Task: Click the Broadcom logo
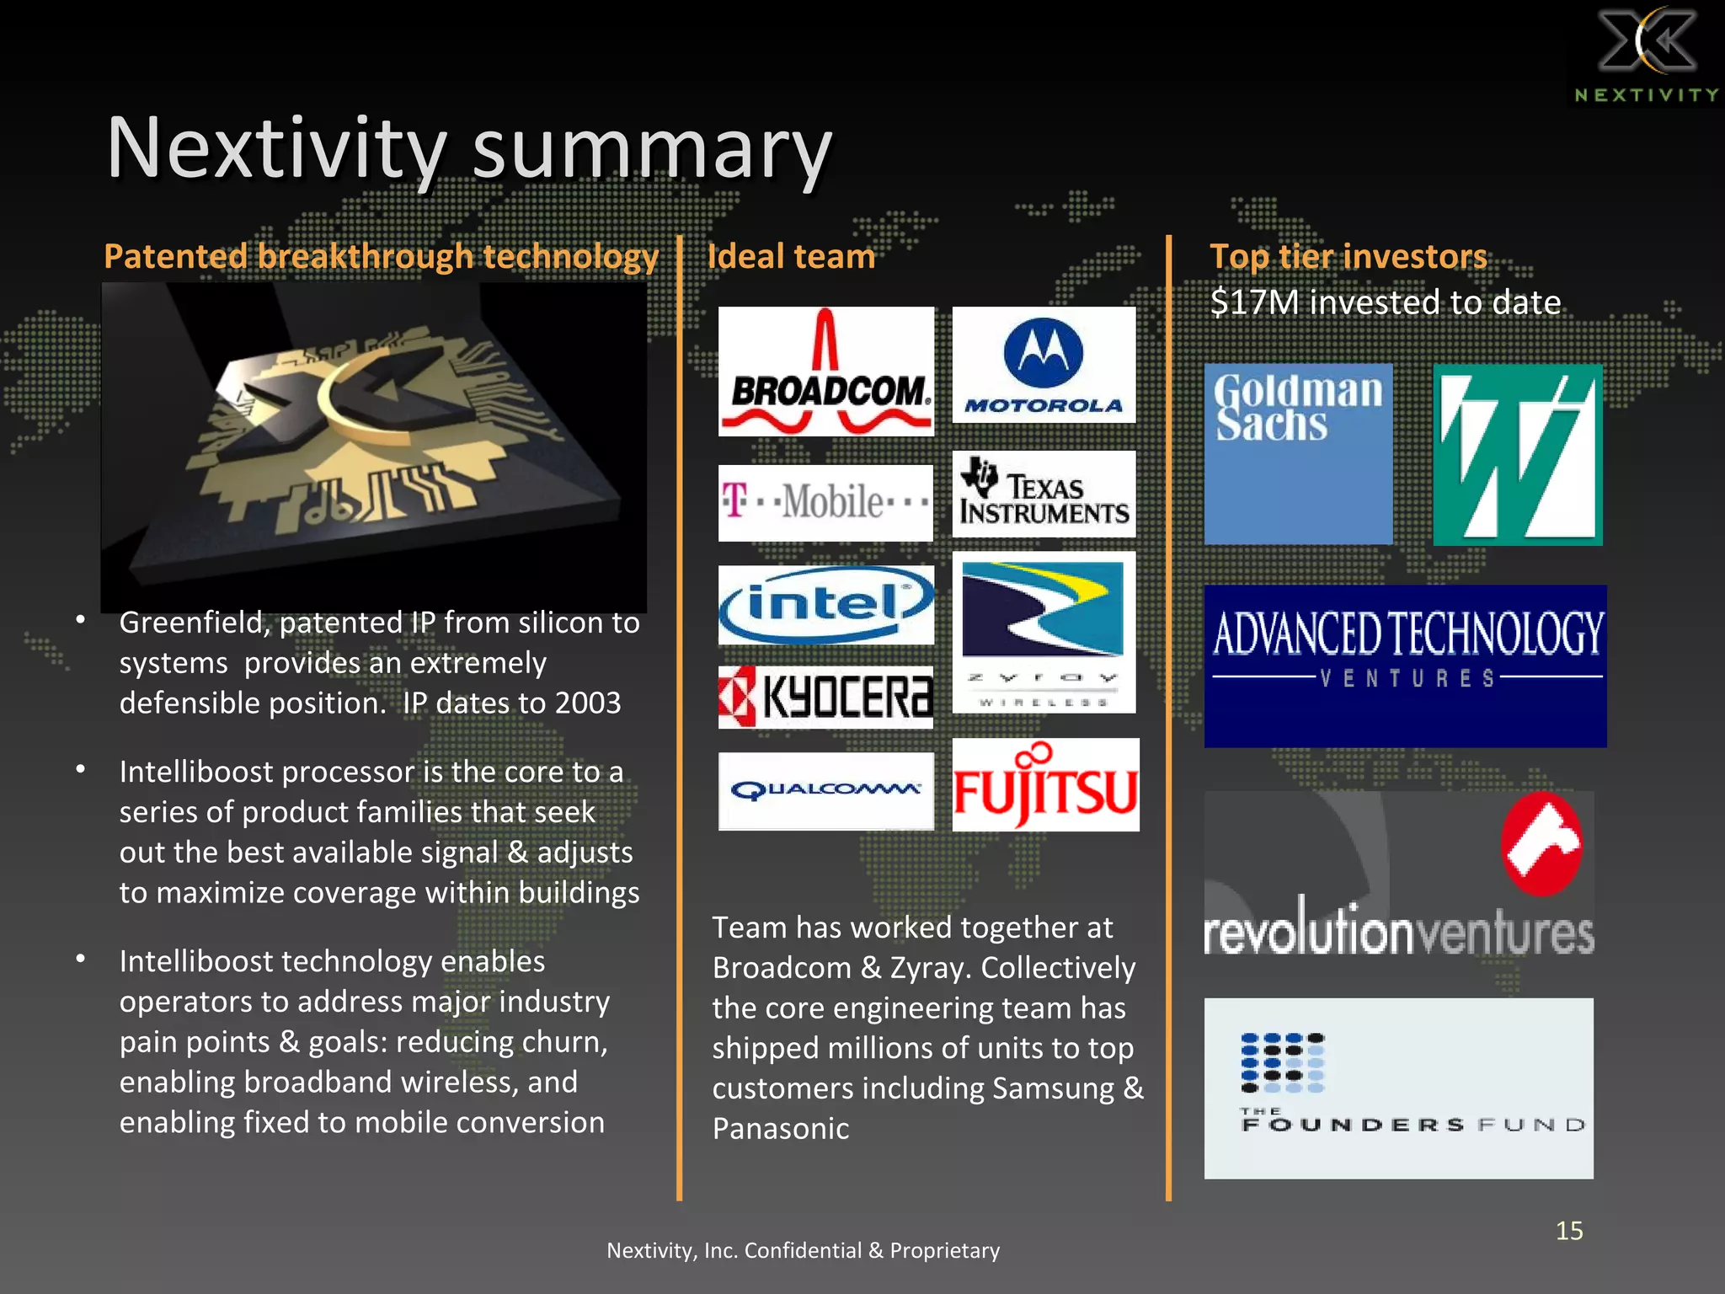[x=825, y=372]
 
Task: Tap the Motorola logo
[x=1044, y=365]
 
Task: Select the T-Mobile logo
[x=825, y=503]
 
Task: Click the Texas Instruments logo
[x=1044, y=495]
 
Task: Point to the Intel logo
[x=825, y=604]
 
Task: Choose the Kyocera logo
[x=825, y=698]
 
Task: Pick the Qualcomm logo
[x=825, y=790]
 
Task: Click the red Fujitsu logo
[x=1045, y=785]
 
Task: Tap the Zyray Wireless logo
[x=1044, y=633]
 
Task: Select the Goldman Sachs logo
[x=1298, y=453]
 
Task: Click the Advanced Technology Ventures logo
[x=1405, y=666]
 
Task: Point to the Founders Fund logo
[x=1398, y=1088]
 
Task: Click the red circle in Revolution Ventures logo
[x=1541, y=843]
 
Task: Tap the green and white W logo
[x=1518, y=455]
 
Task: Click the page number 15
[x=1569, y=1231]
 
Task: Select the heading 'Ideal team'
[x=791, y=256]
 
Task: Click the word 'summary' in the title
[x=651, y=149]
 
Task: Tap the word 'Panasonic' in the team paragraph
[x=781, y=1129]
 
